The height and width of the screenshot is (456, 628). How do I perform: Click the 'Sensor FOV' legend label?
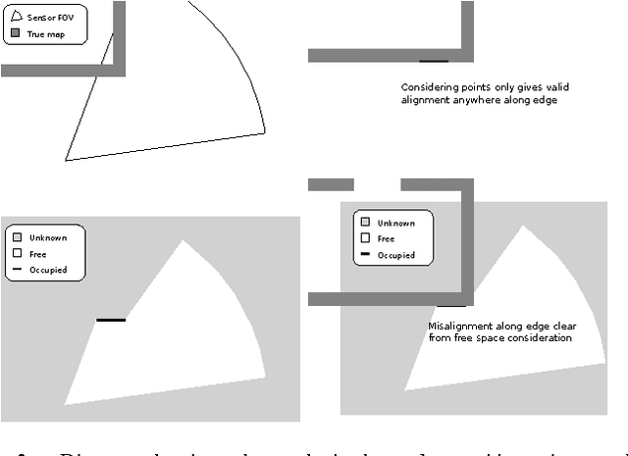(x=48, y=18)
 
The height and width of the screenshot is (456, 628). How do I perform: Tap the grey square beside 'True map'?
(x=16, y=33)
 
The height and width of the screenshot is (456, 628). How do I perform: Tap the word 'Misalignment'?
(x=462, y=326)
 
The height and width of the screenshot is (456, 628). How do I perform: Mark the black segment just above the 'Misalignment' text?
(x=451, y=305)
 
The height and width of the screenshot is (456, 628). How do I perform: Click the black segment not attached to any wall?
(x=111, y=320)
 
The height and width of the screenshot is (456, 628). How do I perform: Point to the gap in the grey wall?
(x=377, y=184)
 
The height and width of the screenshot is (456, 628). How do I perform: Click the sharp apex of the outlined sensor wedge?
(x=66, y=159)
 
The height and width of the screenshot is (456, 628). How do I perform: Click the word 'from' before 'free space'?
(x=441, y=338)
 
